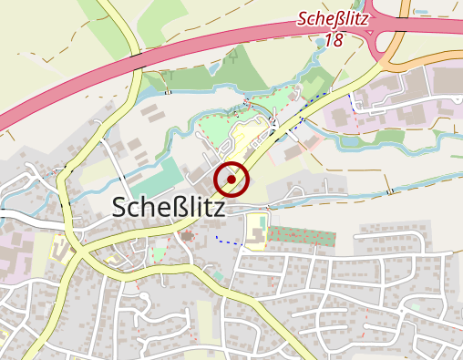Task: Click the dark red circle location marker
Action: [234, 179]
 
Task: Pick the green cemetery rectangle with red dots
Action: [301, 236]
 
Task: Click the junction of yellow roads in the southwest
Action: [77, 248]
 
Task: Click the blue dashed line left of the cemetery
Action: [231, 242]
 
